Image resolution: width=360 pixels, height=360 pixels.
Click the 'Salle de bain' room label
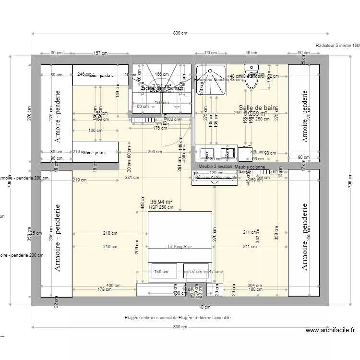[x=258, y=108]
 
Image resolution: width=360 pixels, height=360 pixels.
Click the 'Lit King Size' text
[x=180, y=247]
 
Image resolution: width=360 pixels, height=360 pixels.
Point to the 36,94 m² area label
[x=161, y=202]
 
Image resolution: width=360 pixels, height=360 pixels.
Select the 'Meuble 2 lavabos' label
[x=216, y=167]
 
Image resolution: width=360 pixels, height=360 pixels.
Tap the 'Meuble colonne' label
[x=250, y=167]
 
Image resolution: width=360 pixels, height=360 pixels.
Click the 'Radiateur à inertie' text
[x=337, y=46]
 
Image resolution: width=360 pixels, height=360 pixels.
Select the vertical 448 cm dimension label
[x=143, y=204]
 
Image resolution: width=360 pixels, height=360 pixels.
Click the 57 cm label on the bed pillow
[x=196, y=272]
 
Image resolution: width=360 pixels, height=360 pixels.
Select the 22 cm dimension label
[x=56, y=301]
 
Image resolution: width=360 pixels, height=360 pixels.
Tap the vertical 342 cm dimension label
[x=258, y=239]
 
